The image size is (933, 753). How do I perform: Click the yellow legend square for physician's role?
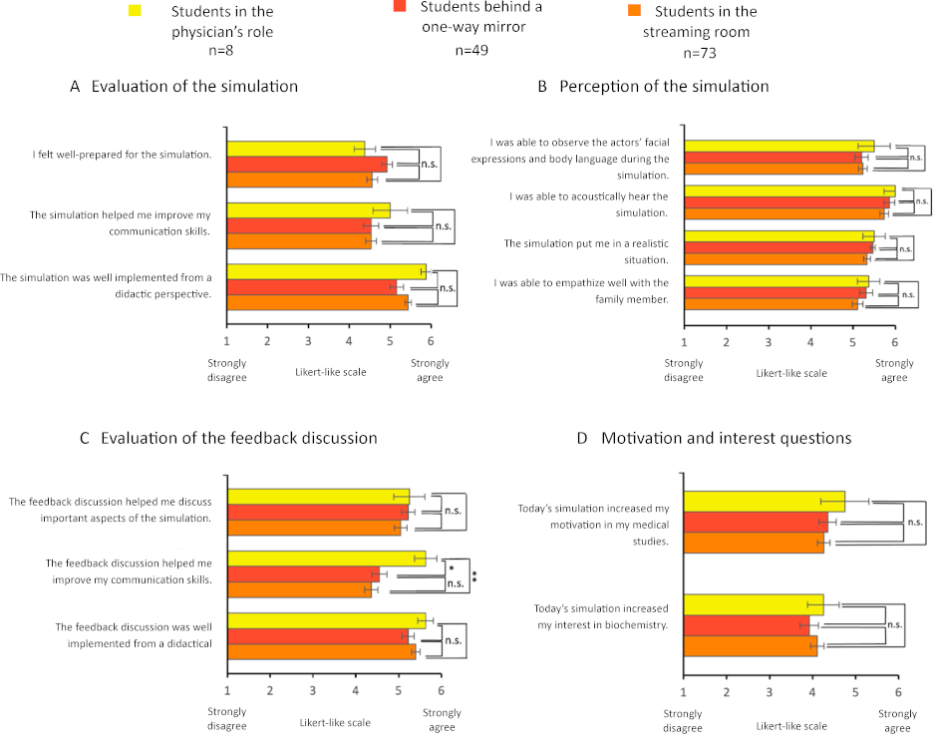(136, 11)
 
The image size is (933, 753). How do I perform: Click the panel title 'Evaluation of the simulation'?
(194, 87)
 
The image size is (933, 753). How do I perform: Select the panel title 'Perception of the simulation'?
(664, 87)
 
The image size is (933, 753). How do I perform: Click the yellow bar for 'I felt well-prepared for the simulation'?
(295, 149)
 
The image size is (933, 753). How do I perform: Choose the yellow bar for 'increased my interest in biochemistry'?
(753, 604)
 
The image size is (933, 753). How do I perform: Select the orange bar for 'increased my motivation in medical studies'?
(753, 543)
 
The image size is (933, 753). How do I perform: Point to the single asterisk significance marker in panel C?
(451, 567)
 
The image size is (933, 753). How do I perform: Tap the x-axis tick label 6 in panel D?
(897, 690)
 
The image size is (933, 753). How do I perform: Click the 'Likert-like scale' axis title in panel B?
(792, 373)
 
